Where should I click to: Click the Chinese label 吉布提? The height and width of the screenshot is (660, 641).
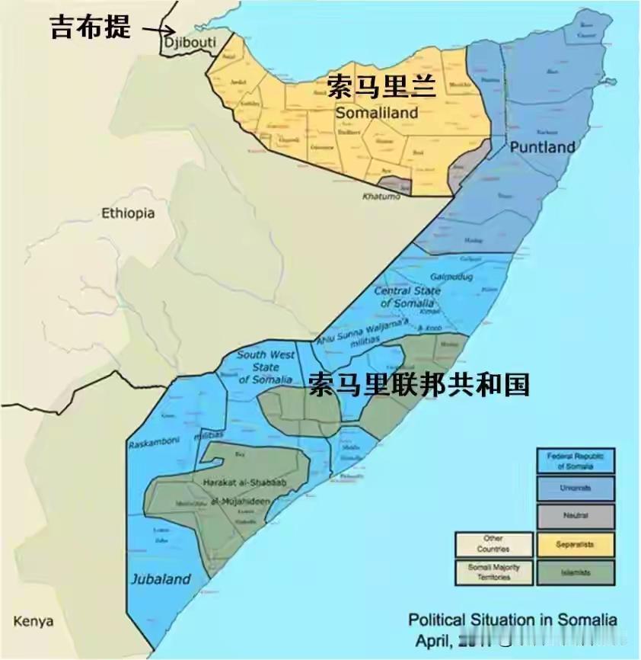pos(90,27)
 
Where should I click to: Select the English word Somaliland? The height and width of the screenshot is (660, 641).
pos(377,113)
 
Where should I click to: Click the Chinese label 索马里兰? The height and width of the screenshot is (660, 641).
pos(381,87)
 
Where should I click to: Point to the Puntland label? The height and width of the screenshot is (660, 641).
pos(542,147)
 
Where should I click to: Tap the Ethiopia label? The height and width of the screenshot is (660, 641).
pos(128,213)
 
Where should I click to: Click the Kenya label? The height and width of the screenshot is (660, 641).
pos(33,621)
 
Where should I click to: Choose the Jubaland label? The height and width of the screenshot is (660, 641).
pos(160,578)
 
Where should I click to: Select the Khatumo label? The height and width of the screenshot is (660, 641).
pos(380,197)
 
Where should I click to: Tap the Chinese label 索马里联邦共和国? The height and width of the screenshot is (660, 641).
pos(419,384)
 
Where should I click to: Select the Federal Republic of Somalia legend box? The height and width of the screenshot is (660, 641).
pos(576,460)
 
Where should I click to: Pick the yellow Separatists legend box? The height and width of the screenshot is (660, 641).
pos(576,543)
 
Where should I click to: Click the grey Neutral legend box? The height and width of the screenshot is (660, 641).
pos(576,516)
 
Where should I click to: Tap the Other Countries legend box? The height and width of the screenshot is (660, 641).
pos(493,543)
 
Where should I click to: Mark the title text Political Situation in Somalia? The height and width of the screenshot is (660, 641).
pos(512,619)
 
